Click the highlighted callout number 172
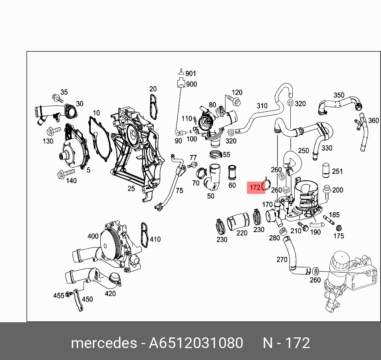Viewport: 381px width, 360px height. point(255,187)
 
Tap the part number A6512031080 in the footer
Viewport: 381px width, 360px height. point(196,343)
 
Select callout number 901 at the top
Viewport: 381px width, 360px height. point(191,74)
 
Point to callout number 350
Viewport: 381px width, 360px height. point(339,95)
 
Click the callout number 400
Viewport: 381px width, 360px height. point(93,236)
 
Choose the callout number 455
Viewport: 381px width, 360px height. point(59,295)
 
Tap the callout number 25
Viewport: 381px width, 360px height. point(131,188)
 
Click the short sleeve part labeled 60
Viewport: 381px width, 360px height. point(232,172)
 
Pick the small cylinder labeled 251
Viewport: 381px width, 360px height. point(326,170)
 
